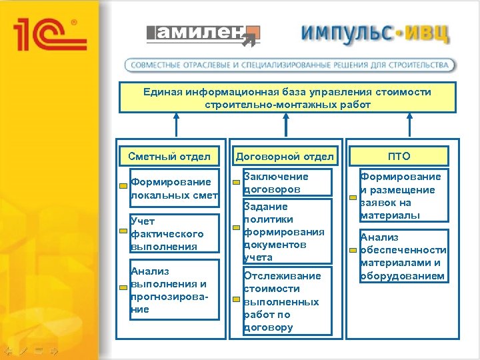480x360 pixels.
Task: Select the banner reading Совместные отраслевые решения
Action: (291, 65)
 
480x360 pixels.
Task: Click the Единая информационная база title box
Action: (287, 98)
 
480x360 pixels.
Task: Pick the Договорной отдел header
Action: (285, 157)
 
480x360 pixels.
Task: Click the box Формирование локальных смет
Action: (175, 189)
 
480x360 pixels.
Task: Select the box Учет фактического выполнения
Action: (175, 233)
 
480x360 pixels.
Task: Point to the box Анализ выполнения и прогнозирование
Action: (175, 290)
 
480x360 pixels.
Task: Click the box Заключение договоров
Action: (287, 183)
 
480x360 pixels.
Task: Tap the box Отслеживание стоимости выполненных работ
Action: (287, 301)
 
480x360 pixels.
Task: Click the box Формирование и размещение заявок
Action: (402, 195)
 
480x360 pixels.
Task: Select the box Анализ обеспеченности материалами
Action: (402, 256)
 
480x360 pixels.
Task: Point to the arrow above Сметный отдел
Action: (175, 127)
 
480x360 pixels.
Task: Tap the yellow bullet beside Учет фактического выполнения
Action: (123, 231)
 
